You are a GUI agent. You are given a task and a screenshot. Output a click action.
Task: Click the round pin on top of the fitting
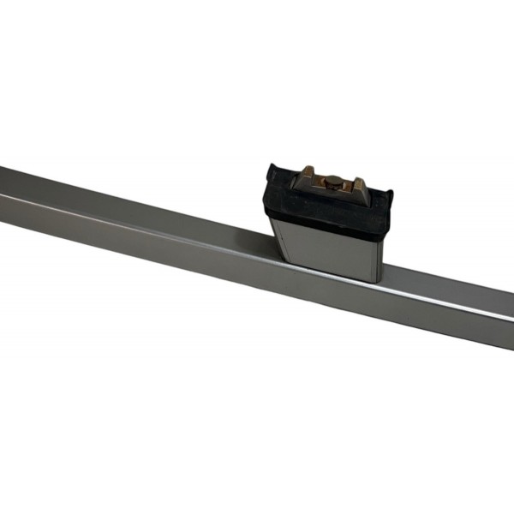[x=330, y=181]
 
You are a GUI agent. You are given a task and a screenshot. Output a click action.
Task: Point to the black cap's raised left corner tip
[x=272, y=166]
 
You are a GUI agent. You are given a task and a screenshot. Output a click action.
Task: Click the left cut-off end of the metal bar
[x=3, y=193]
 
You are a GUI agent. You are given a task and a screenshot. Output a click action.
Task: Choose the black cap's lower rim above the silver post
[x=326, y=224]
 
